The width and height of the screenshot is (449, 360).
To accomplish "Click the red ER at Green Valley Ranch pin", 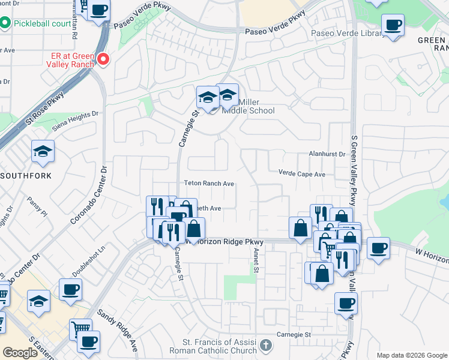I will (x=103, y=59).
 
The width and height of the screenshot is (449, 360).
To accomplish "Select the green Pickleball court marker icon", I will (x=5, y=23).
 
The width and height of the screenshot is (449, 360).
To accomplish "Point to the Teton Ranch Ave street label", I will (x=208, y=184).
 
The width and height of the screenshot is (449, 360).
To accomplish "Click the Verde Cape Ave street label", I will (x=301, y=174).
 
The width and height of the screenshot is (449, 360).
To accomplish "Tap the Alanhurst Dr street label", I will (x=327, y=154).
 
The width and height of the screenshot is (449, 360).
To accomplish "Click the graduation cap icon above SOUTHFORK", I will (x=43, y=151).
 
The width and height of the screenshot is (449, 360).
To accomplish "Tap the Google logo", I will (x=20, y=353).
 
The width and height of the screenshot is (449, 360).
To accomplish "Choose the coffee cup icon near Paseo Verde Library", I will (x=393, y=25).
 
